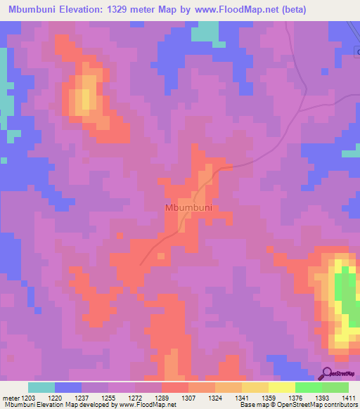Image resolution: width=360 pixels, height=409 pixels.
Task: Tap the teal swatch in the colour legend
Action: (41, 387)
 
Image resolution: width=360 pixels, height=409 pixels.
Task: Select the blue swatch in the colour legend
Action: (68, 387)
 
